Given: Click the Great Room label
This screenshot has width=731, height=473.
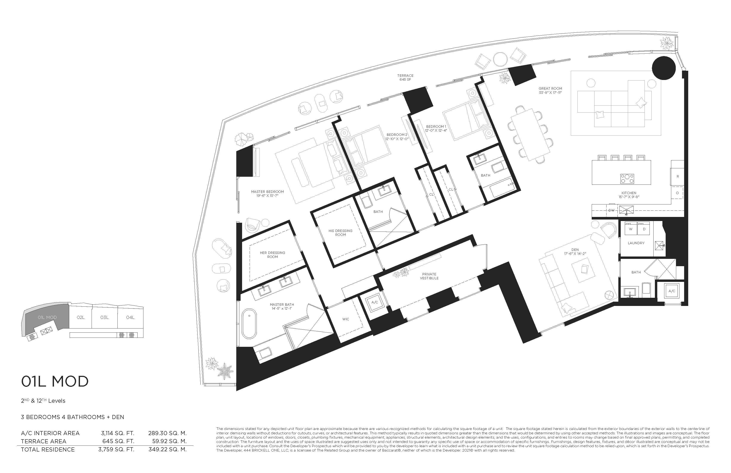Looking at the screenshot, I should pyautogui.click(x=550, y=88).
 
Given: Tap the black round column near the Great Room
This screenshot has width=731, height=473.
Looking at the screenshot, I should pyautogui.click(x=664, y=68).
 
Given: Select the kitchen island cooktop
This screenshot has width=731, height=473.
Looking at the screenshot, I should pyautogui.click(x=627, y=178).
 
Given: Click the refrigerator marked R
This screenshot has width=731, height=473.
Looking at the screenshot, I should pyautogui.click(x=677, y=177).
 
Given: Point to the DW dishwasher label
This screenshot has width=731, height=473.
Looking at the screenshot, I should pyautogui.click(x=611, y=210).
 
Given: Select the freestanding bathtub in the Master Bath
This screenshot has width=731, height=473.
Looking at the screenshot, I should pyautogui.click(x=249, y=324).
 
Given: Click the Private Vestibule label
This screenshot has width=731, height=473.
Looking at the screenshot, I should pyautogui.click(x=429, y=276).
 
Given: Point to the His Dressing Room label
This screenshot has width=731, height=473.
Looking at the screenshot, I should pyautogui.click(x=340, y=232).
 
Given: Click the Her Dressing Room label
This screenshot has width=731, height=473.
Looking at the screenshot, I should pyautogui.click(x=272, y=255).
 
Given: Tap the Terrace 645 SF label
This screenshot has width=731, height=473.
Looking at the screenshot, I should pyautogui.click(x=405, y=77).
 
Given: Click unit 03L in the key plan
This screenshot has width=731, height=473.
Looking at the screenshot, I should pyautogui.click(x=104, y=317).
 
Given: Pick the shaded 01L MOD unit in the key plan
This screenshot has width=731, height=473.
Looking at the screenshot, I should pyautogui.click(x=47, y=317).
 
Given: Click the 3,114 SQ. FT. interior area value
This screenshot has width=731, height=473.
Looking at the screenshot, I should pyautogui.click(x=117, y=433).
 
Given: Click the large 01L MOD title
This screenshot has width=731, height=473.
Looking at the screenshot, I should pyautogui.click(x=55, y=381).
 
